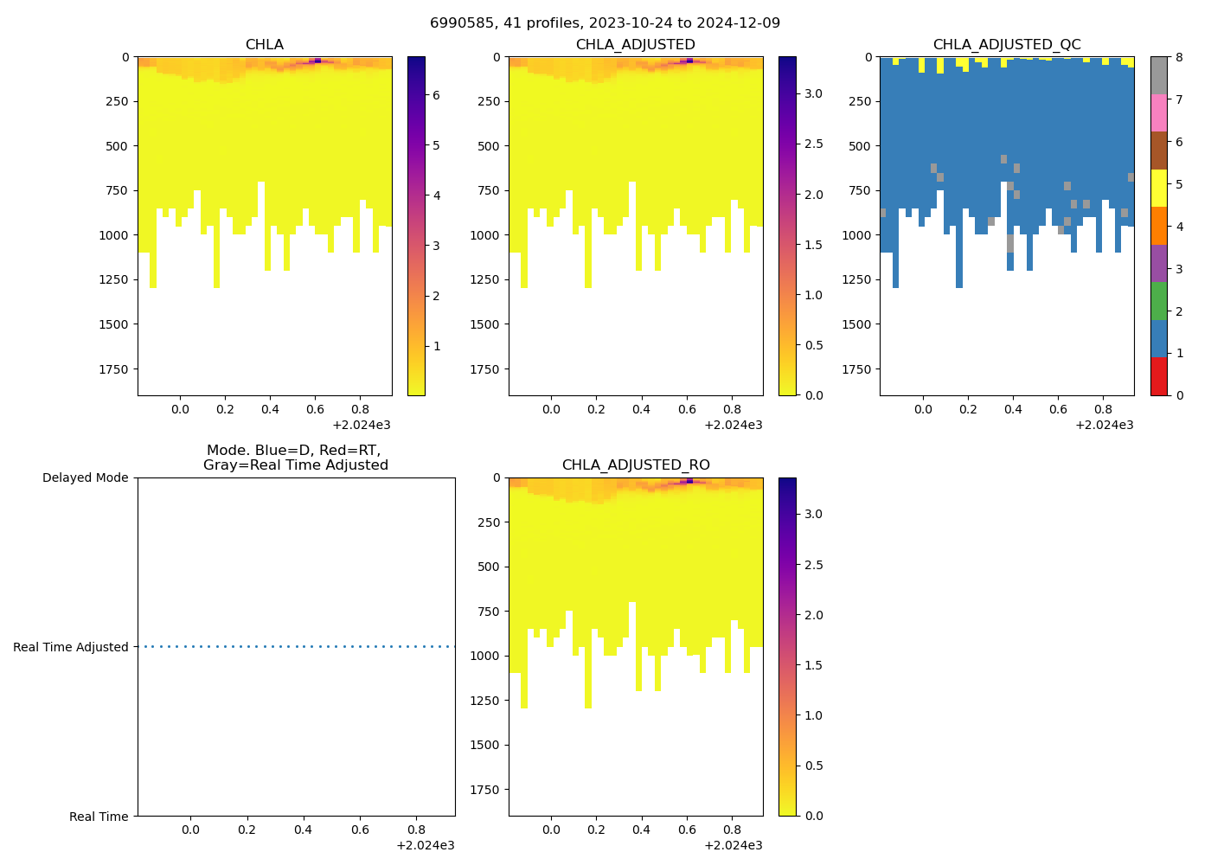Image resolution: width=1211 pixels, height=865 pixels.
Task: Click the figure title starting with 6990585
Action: click(605, 22)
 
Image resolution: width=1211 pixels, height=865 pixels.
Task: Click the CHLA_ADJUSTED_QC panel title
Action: click(1007, 45)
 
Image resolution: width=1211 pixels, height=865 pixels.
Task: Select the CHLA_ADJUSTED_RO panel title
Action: click(636, 465)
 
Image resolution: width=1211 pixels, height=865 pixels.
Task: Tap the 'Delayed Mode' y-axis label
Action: click(85, 477)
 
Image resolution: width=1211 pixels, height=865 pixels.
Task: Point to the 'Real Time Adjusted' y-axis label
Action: click(71, 647)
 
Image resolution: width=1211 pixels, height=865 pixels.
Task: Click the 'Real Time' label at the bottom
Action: click(99, 817)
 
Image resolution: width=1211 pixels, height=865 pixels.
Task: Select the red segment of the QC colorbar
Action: click(1159, 376)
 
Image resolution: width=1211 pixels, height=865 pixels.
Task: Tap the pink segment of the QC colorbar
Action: click(1159, 112)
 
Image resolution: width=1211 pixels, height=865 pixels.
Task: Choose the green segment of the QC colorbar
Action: click(1159, 300)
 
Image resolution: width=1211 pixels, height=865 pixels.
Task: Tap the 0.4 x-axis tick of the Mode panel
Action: click(303, 830)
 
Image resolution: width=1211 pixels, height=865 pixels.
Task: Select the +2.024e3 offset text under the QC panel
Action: click(1104, 425)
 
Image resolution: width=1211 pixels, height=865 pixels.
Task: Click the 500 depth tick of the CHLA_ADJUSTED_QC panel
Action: click(861, 146)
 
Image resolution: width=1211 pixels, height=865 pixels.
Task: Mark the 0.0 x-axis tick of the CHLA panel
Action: click(180, 408)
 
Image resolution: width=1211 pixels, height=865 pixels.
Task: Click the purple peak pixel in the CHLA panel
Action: click(317, 61)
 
